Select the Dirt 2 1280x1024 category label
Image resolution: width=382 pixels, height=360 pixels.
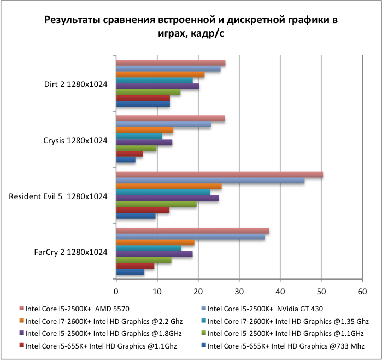(75, 85)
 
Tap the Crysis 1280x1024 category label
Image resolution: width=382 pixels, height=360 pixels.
(75, 141)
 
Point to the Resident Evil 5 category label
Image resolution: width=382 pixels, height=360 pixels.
(58, 196)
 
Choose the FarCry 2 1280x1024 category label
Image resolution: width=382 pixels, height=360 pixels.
(70, 252)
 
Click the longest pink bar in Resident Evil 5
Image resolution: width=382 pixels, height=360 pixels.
(219, 175)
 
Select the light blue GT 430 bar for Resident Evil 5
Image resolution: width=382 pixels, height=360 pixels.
(210, 181)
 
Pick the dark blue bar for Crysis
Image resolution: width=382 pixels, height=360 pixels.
(126, 160)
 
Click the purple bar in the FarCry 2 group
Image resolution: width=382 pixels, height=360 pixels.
(154, 254)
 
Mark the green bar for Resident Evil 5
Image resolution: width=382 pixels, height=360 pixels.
(156, 204)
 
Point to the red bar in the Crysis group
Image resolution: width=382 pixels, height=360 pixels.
(130, 154)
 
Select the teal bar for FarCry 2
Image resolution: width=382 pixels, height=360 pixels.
(149, 248)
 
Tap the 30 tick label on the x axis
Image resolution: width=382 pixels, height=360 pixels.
(239, 291)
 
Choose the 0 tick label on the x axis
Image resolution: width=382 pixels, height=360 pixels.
(116, 291)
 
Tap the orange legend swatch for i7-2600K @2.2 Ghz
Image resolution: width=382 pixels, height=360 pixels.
(21, 322)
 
